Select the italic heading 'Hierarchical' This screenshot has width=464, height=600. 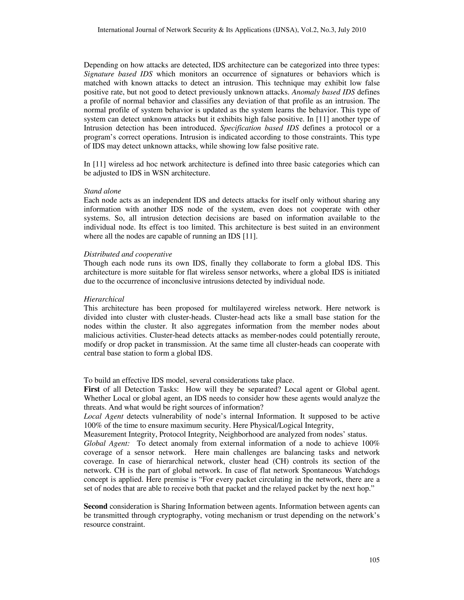104,299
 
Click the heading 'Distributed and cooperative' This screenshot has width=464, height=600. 128,254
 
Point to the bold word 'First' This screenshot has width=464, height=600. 92,389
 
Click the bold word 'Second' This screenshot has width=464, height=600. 95,506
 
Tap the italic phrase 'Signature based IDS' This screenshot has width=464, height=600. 118,74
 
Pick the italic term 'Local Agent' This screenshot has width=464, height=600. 103,416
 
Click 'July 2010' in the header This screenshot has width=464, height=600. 353,30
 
